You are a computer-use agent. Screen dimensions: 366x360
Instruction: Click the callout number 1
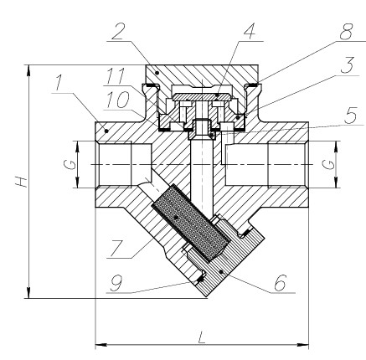58,83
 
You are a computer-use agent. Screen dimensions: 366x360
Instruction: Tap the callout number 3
347,65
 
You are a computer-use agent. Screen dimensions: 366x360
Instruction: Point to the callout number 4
249,31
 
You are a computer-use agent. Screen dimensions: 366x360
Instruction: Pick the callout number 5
350,116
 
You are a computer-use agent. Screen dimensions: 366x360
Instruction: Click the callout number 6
281,283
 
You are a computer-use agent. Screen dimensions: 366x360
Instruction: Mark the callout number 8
347,32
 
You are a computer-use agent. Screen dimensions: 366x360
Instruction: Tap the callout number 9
116,283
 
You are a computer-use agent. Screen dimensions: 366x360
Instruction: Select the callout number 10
117,100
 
